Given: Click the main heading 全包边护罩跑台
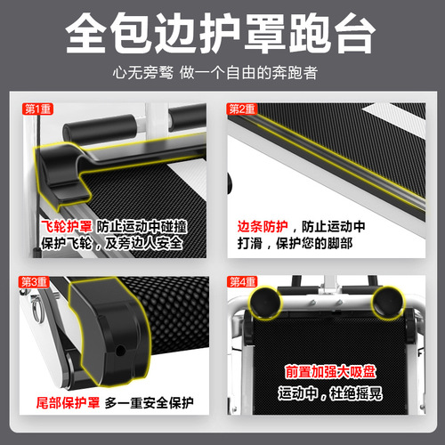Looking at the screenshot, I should [x=222, y=33].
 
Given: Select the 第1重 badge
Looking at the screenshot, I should [x=36, y=109].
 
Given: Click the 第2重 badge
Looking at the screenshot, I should [x=241, y=109].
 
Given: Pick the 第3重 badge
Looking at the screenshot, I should [x=36, y=282].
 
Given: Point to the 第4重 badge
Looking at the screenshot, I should [x=241, y=282].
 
